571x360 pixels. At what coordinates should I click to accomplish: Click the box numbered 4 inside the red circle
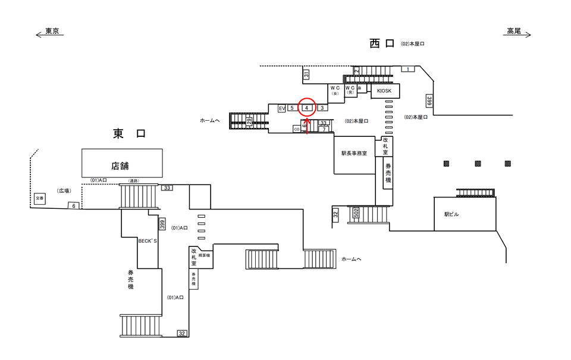(x=306, y=108)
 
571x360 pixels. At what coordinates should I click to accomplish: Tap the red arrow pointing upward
(x=307, y=126)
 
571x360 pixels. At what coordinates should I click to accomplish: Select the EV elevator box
(x=282, y=108)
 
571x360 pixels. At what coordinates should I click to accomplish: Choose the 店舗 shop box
(x=121, y=163)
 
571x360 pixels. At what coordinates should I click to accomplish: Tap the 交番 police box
(x=39, y=198)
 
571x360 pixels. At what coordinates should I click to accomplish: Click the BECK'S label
(x=147, y=242)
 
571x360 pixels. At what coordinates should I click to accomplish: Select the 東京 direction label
(x=52, y=32)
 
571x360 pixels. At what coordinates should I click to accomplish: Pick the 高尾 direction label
(x=514, y=32)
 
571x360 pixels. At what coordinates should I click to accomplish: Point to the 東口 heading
(x=128, y=134)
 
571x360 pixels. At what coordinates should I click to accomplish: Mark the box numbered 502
(x=356, y=213)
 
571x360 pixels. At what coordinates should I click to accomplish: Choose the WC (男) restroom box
(x=350, y=90)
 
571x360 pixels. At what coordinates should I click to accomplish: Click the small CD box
(x=297, y=128)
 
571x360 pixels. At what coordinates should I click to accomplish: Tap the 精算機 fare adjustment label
(x=205, y=255)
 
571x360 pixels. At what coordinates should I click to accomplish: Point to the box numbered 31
(x=306, y=74)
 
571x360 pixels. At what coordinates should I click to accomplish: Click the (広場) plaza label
(x=64, y=191)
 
